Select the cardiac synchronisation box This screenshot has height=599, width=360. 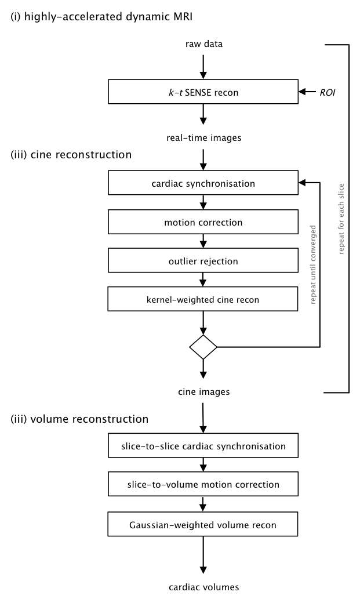click(203, 183)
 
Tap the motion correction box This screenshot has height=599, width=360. click(203, 222)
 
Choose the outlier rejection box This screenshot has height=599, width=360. click(203, 261)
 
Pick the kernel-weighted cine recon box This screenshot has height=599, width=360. click(203, 299)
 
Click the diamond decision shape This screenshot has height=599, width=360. click(203, 347)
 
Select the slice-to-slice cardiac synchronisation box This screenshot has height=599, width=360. click(203, 447)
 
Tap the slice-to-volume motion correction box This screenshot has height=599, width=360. click(203, 485)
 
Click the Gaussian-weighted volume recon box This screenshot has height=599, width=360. click(203, 525)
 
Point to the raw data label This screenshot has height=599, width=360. click(203, 43)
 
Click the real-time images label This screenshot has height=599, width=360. click(203, 138)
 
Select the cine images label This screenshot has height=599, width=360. click(203, 392)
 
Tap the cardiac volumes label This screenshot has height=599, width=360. click(203, 587)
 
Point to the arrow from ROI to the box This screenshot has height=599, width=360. click(307, 92)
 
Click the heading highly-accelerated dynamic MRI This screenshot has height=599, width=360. click(101, 17)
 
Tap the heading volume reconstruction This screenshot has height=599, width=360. click(79, 419)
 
